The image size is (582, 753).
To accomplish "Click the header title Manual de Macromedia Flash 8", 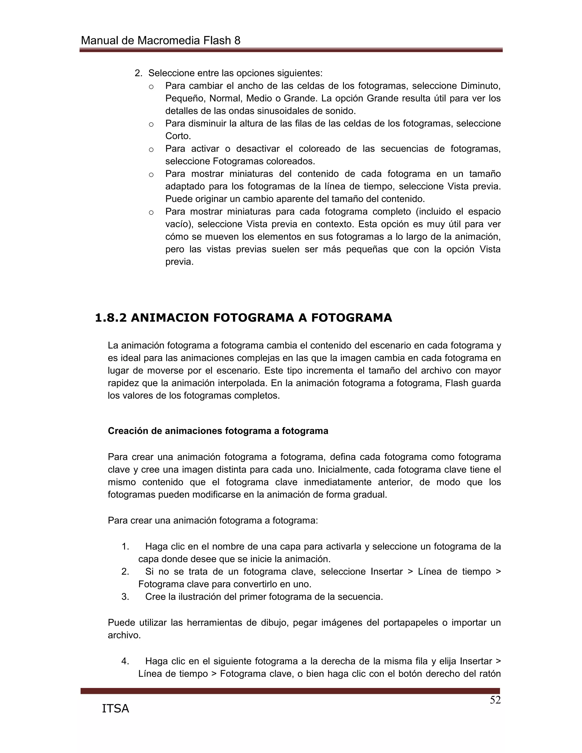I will pyautogui.click(x=160, y=41).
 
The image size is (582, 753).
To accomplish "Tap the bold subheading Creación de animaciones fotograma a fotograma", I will pyautogui.click(x=218, y=431).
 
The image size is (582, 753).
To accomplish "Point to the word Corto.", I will pyautogui.click(x=178, y=136).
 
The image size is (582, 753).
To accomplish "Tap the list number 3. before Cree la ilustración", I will pyautogui.click(x=125, y=597).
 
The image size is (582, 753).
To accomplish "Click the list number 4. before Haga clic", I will pyautogui.click(x=125, y=661).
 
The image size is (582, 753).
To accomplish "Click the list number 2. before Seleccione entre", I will pyautogui.click(x=138, y=73).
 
